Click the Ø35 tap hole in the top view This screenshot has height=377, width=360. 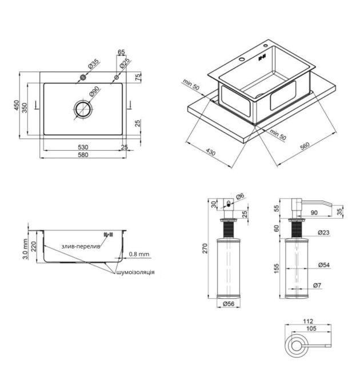click(x=83, y=77)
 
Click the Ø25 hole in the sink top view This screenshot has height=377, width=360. click(x=117, y=77)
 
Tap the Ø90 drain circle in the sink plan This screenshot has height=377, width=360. click(x=83, y=109)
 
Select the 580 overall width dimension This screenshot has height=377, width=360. click(x=83, y=155)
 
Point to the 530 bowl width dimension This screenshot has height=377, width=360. click(x=83, y=147)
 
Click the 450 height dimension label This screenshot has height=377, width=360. click(x=16, y=105)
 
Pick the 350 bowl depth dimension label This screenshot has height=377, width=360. click(x=25, y=108)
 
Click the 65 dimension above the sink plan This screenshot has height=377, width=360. click(x=121, y=52)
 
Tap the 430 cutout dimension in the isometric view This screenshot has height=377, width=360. click(x=211, y=152)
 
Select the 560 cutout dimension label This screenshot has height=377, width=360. click(x=305, y=146)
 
